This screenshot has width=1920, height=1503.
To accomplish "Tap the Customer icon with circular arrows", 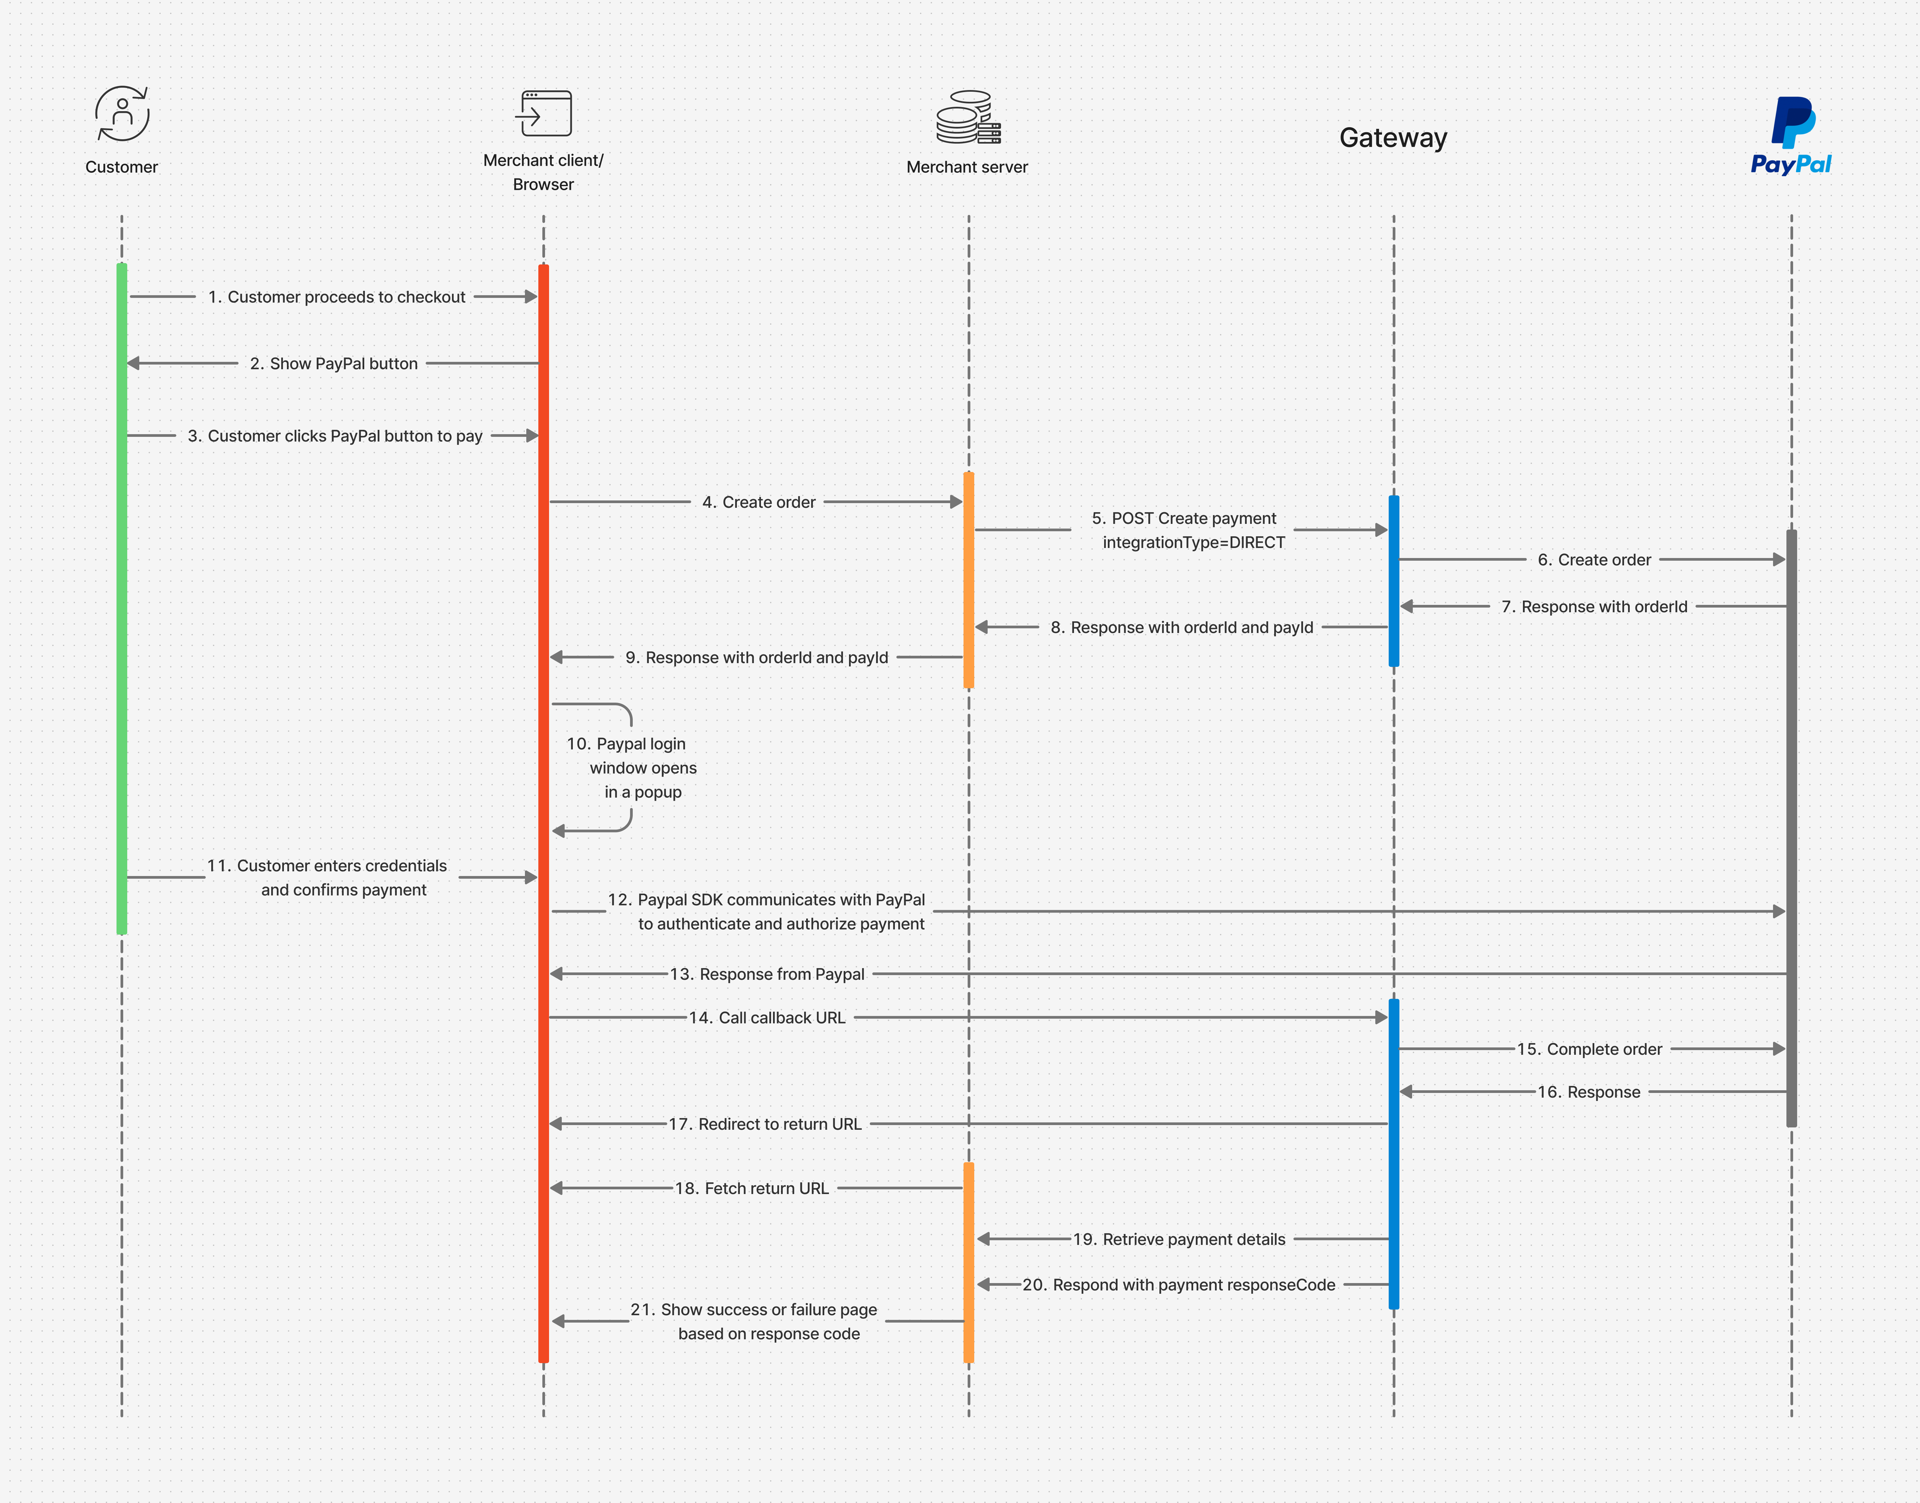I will tap(122, 113).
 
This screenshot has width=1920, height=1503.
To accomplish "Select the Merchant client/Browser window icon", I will tap(544, 113).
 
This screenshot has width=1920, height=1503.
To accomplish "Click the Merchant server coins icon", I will tap(968, 117).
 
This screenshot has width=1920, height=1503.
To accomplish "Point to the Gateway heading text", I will tap(1393, 138).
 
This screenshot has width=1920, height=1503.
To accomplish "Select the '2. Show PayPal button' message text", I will tap(333, 364).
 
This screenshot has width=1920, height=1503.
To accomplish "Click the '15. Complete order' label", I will tap(1589, 1049).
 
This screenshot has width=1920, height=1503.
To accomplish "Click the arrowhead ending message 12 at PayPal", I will tap(1779, 912).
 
